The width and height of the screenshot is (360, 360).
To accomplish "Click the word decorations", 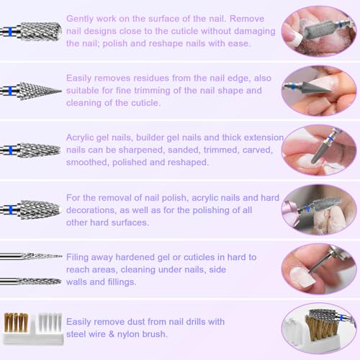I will (97, 210).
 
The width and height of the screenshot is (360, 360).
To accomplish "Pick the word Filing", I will (80, 257).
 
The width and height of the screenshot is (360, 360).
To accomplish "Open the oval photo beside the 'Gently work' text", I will (318, 30).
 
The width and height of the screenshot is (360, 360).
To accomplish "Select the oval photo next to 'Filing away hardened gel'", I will (318, 269).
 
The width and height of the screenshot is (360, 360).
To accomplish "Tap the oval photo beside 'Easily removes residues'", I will (318, 90).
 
